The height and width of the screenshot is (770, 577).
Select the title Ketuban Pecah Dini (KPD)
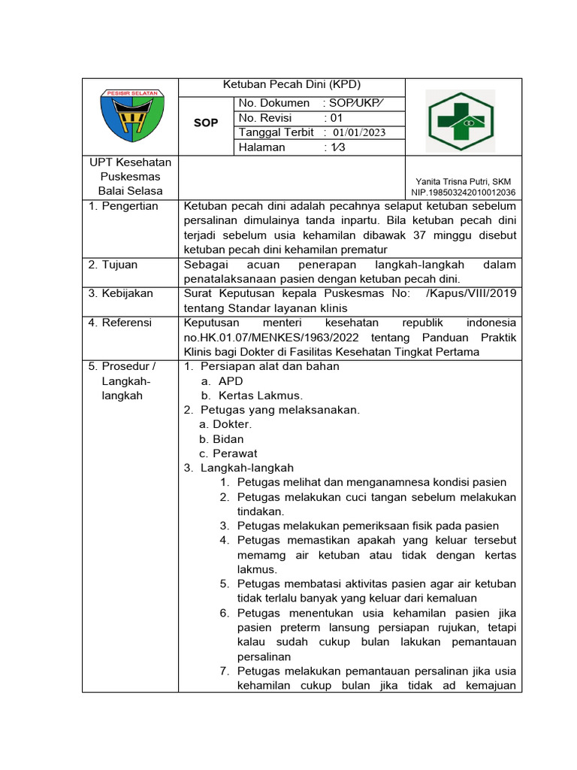[x=292, y=85]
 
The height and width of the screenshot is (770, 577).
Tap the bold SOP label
[x=205, y=123]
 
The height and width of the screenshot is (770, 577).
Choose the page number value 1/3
[x=334, y=147]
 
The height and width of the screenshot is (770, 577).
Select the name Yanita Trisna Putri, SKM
[x=463, y=181]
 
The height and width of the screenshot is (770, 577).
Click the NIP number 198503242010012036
[x=463, y=192]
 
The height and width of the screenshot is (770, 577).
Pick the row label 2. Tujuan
[x=113, y=265]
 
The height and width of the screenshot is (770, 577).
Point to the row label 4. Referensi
[x=120, y=323]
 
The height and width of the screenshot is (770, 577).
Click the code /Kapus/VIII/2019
[x=470, y=294]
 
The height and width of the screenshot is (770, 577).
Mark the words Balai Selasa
[x=131, y=191]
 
